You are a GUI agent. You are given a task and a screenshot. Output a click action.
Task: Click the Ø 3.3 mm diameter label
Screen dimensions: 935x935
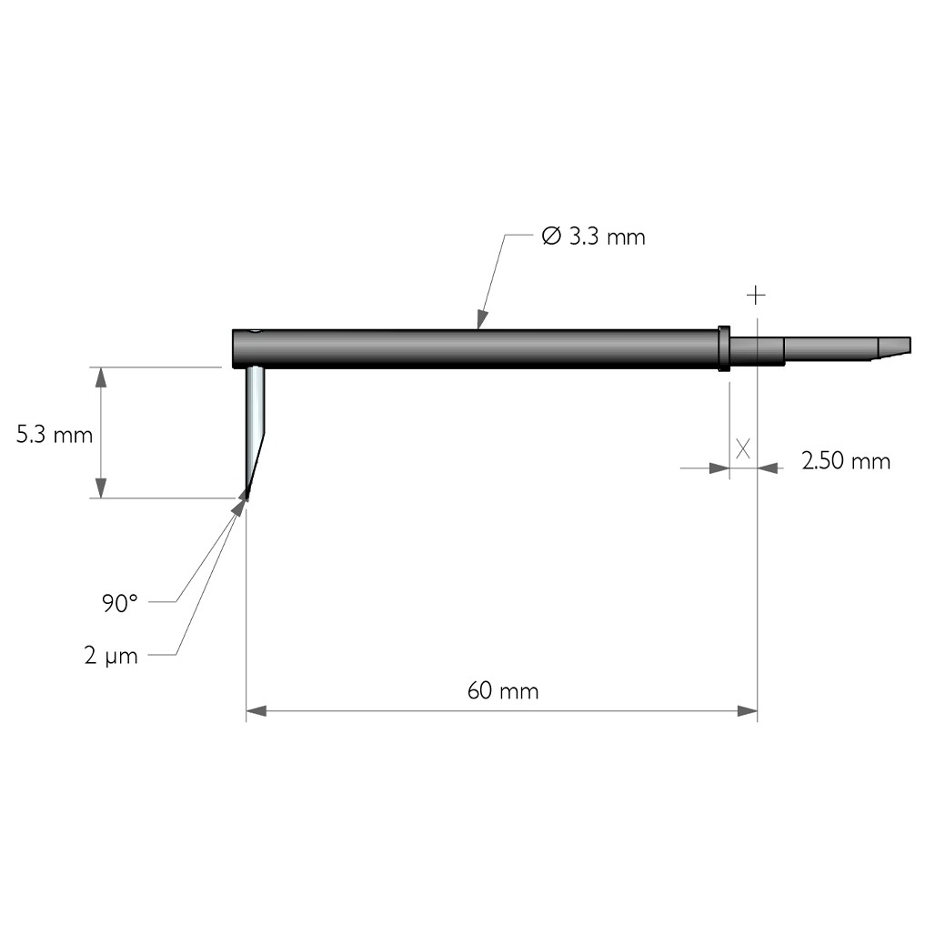[x=593, y=236]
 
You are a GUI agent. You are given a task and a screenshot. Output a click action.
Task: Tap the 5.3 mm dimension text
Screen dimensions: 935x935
[x=55, y=435]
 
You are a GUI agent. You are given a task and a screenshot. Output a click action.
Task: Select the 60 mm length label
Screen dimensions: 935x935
[x=503, y=690]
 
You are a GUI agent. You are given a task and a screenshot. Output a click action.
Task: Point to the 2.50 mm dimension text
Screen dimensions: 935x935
[x=846, y=461]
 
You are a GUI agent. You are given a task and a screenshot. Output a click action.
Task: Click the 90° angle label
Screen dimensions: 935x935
[x=119, y=603]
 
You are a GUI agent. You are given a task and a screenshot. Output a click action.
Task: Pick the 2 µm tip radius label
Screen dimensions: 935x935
[x=111, y=656]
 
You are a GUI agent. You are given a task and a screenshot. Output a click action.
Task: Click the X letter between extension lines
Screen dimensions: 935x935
[x=743, y=448]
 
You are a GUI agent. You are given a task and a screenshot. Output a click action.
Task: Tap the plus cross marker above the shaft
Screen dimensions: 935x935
[x=756, y=296]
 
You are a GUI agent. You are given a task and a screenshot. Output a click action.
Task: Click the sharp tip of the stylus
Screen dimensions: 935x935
[x=246, y=497]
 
